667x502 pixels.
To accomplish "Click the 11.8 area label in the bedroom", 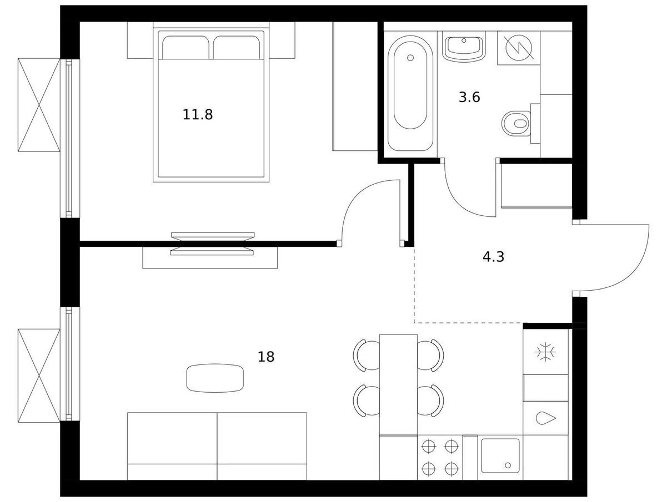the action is [198, 115].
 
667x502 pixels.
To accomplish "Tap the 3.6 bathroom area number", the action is [469, 98].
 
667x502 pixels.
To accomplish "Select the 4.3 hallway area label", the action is [493, 257].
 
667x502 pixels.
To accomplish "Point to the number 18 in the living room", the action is [266, 357].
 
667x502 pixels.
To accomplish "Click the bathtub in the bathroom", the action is [410, 93].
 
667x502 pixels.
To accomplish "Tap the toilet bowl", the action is [516, 124].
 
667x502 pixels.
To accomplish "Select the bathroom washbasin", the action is [463, 48].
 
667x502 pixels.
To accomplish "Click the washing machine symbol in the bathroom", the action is [519, 48].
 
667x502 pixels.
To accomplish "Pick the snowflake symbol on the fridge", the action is [545, 352].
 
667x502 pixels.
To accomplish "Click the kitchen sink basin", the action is [500, 456].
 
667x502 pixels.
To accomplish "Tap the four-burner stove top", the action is [440, 458].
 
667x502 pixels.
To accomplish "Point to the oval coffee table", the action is [215, 378].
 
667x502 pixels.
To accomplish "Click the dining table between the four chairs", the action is [398, 384].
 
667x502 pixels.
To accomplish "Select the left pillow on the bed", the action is [185, 48].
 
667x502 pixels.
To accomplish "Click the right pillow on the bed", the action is [237, 48].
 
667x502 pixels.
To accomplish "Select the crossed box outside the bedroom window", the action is [39, 105].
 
